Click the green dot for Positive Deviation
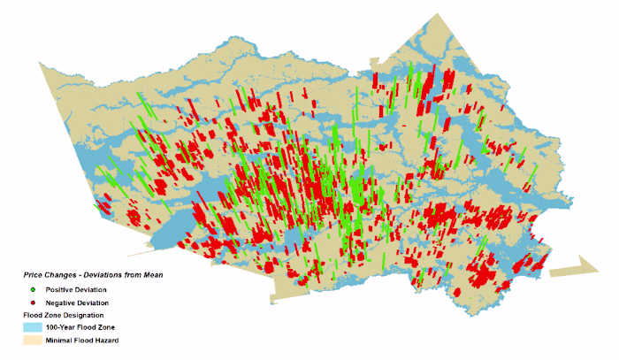33,289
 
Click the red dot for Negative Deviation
33,302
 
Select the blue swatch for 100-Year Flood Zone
33,327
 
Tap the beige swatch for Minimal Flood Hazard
33,340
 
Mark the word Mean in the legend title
151,275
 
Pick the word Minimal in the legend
59,340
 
